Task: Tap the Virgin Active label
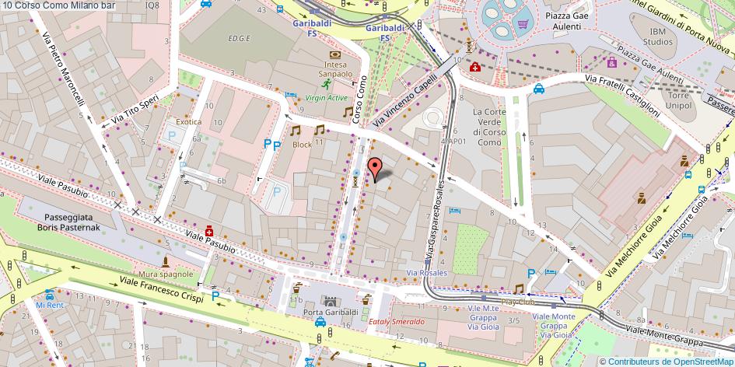[327, 98]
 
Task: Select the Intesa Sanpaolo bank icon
[334, 55]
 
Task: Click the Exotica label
[188, 122]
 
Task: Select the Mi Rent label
[49, 305]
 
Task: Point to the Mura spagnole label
[167, 274]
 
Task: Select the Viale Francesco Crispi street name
[161, 291]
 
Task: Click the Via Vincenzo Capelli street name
[401, 106]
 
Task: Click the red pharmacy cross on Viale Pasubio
[209, 231]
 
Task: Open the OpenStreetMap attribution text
[670, 361]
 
